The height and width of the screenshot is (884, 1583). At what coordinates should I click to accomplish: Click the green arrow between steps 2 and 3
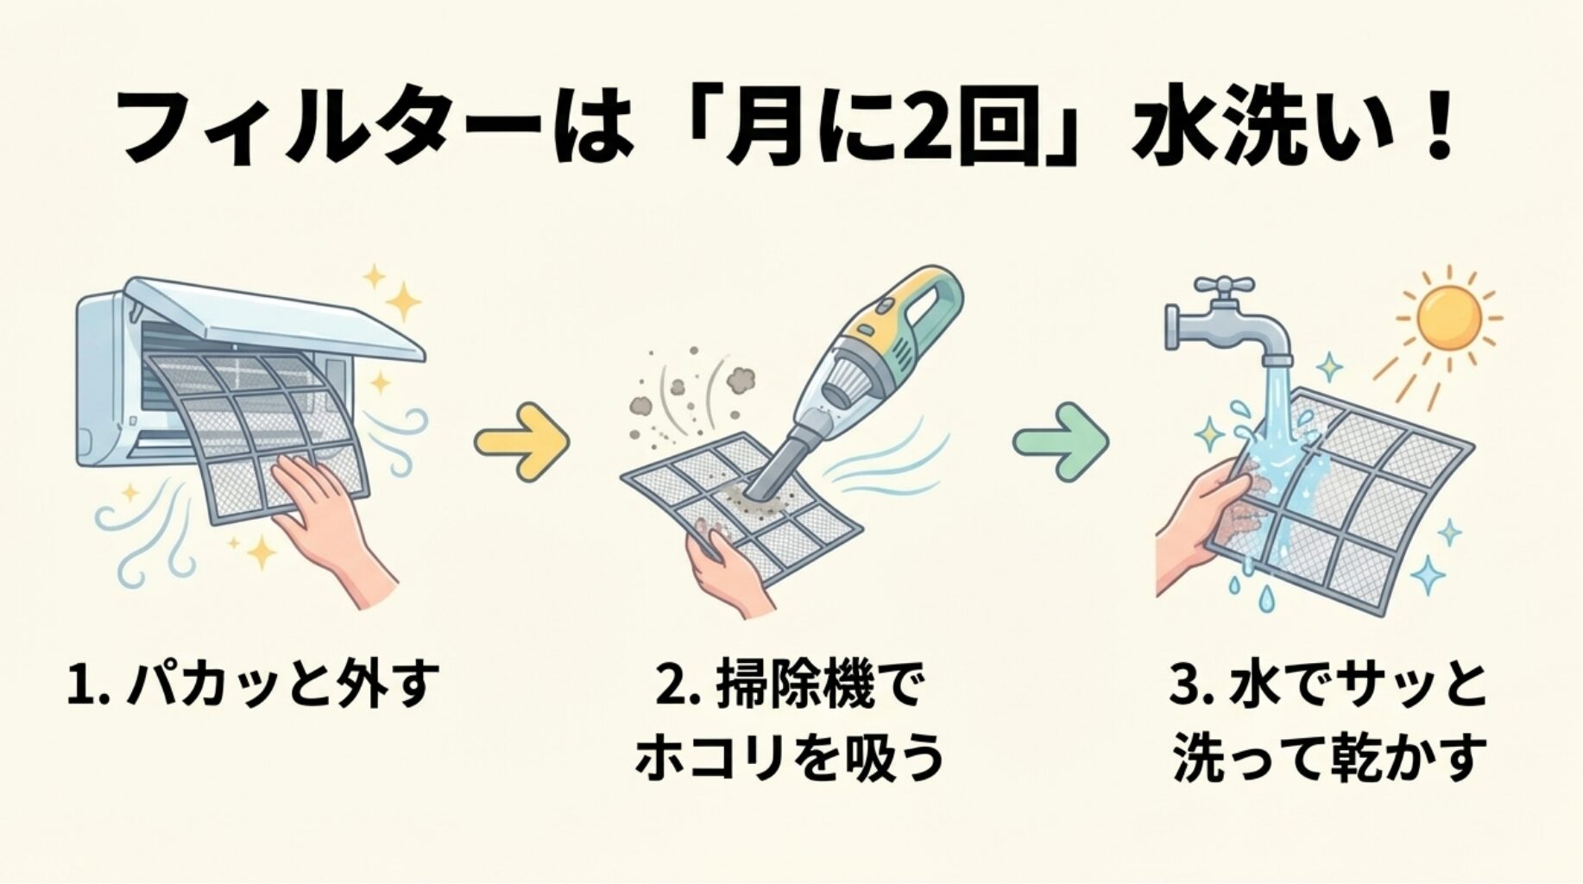point(1061,441)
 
